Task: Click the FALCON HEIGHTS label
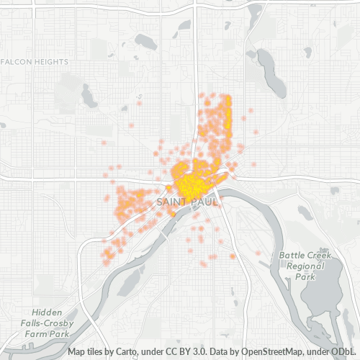tap(35, 62)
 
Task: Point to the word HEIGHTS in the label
tap(50, 62)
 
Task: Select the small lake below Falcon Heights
tap(89, 96)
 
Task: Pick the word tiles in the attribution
tap(97, 353)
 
